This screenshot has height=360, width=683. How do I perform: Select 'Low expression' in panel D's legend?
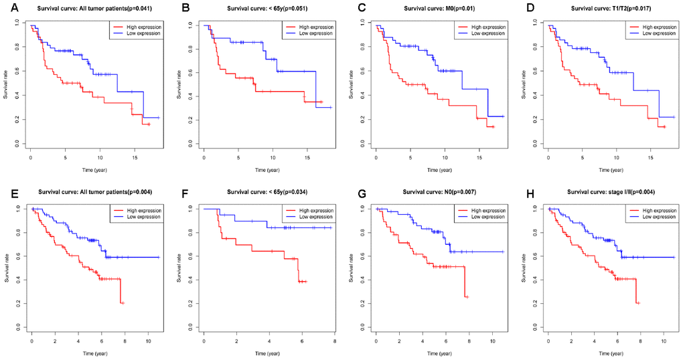tap(656, 32)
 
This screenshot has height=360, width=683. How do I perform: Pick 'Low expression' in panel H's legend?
tap(656, 217)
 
